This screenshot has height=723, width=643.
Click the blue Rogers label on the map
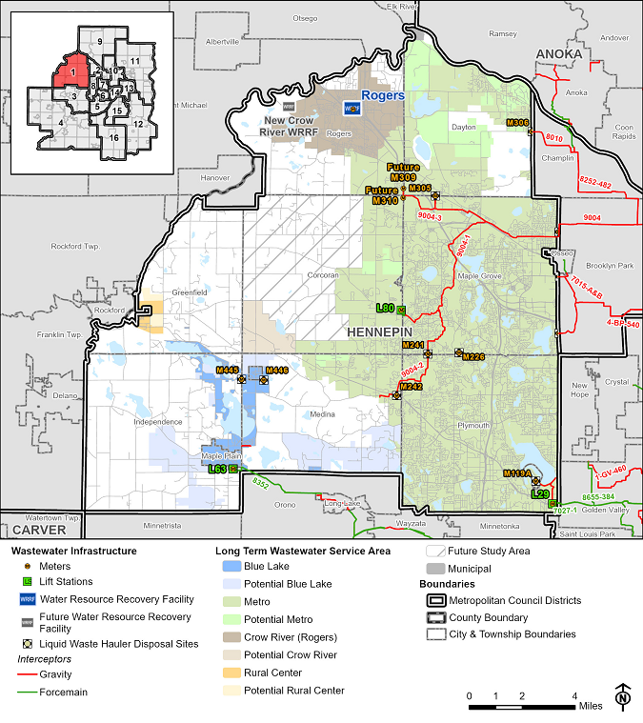pyautogui.click(x=388, y=96)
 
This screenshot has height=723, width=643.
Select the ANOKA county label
pyautogui.click(x=557, y=54)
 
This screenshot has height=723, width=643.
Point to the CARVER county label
pyautogui.click(x=32, y=529)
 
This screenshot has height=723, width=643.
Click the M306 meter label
pyautogui.click(x=517, y=123)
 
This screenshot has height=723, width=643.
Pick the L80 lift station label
pyautogui.click(x=385, y=308)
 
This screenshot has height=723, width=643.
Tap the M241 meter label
pyautogui.click(x=412, y=344)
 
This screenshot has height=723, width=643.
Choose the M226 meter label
pyautogui.click(x=473, y=356)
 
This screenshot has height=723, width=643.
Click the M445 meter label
pyautogui.click(x=227, y=370)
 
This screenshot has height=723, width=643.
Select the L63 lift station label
pyautogui.click(x=216, y=469)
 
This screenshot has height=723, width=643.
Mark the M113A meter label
pyautogui.click(x=516, y=472)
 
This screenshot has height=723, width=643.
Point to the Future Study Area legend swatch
pyautogui.click(x=436, y=551)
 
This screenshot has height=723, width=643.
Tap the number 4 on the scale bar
pyautogui.click(x=574, y=694)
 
